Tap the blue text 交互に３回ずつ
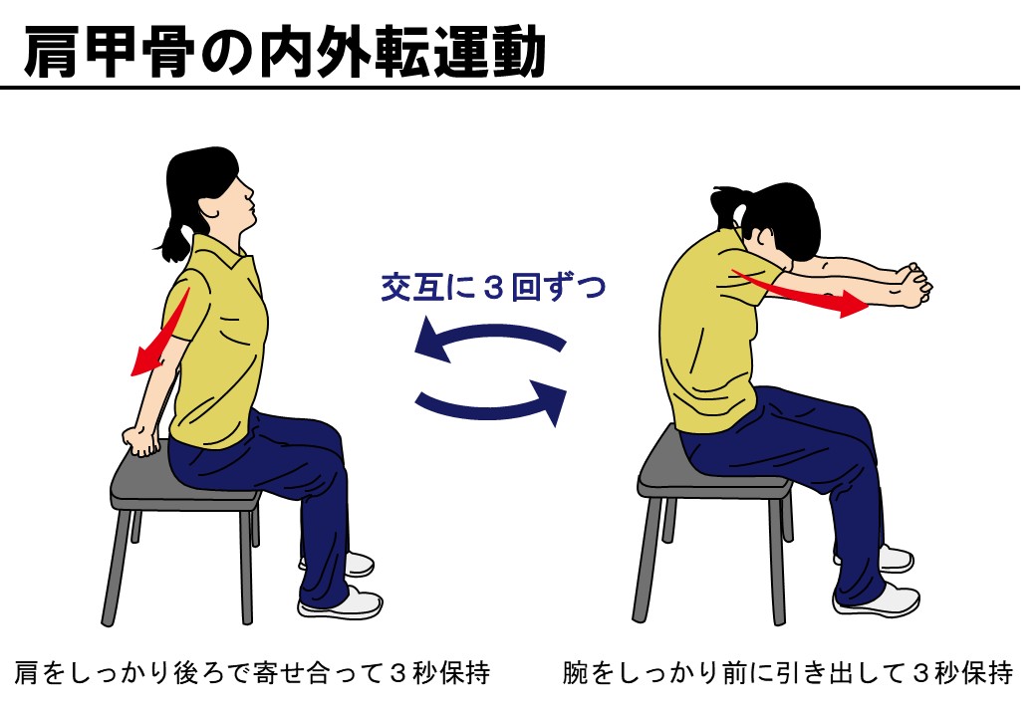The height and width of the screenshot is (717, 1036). [x=493, y=287]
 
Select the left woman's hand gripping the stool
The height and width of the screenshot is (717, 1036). [x=141, y=440]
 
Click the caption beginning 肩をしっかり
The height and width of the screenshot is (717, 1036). [x=252, y=673]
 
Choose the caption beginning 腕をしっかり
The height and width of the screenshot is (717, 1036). [x=788, y=673]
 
